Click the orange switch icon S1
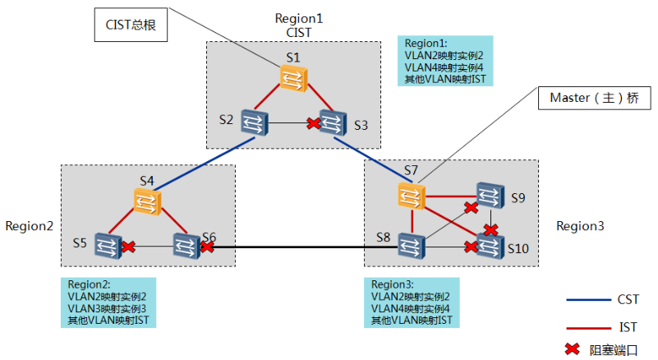(293, 79)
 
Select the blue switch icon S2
(251, 121)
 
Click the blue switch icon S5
(106, 244)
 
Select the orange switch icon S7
(410, 196)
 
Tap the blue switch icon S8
(410, 244)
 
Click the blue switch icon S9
(490, 196)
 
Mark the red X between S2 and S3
(313, 123)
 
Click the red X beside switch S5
(127, 245)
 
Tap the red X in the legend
(572, 349)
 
